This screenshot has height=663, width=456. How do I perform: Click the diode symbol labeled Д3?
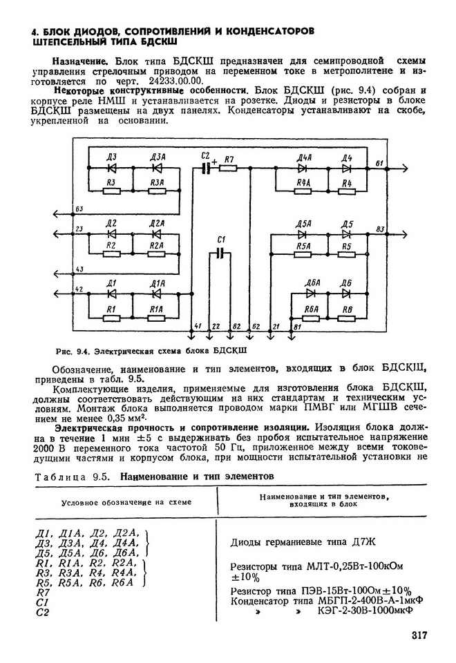pyautogui.click(x=112, y=169)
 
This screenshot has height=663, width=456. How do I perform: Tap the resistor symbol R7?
pyautogui.click(x=229, y=169)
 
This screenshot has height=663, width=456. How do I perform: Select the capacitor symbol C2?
pyautogui.click(x=206, y=169)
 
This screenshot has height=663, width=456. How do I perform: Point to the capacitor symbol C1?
pyautogui.click(x=220, y=253)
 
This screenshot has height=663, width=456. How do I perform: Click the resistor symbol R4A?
pyautogui.click(x=303, y=191)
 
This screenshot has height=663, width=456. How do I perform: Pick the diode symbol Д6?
pyautogui.click(x=346, y=294)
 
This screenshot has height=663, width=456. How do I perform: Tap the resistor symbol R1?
pyautogui.click(x=112, y=318)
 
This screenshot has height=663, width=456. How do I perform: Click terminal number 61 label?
pyautogui.click(x=379, y=163)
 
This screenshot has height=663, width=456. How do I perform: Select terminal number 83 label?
pyautogui.click(x=380, y=229)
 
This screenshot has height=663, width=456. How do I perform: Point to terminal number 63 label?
pyautogui.click(x=79, y=209)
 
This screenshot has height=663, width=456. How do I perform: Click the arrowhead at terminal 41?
pyautogui.click(x=191, y=336)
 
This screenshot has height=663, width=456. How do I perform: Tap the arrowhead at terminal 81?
pyautogui.click(x=291, y=336)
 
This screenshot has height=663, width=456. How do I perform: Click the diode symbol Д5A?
pyautogui.click(x=302, y=234)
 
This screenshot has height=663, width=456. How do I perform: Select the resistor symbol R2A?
pyautogui.click(x=156, y=254)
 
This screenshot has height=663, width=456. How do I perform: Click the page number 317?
pyautogui.click(x=419, y=635)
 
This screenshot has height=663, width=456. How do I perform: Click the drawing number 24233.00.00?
pyautogui.click(x=176, y=81)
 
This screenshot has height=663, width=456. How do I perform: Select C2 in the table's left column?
pyautogui.click(x=42, y=612)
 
